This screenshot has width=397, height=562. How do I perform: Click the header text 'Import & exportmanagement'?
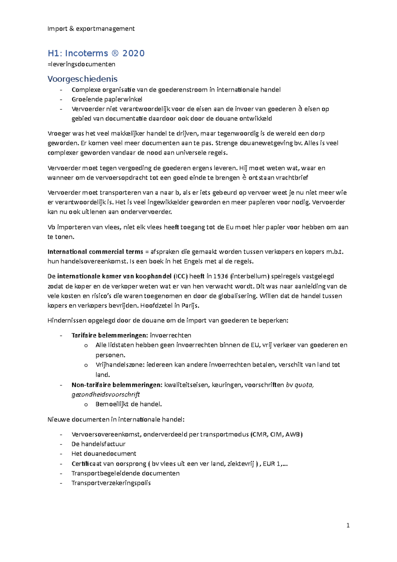tap(91, 29)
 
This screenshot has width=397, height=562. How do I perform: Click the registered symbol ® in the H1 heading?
tap(115, 53)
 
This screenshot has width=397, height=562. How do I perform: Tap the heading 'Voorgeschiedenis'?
tap(82, 79)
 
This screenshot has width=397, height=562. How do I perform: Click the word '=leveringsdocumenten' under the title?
tap(81, 64)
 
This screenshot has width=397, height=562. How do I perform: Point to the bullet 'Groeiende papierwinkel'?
tap(107, 99)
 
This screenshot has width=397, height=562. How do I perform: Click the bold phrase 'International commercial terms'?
tap(95, 252)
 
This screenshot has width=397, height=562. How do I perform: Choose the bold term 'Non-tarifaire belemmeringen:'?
tap(117, 385)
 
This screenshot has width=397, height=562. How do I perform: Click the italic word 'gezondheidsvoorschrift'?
tap(106, 395)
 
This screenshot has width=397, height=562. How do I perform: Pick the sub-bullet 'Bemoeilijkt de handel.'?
tap(129, 404)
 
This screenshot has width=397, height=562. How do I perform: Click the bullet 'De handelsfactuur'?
tap(98, 444)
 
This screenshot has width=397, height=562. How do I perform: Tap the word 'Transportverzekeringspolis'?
tap(111, 483)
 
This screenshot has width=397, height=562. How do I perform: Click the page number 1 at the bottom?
tap(348, 525)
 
